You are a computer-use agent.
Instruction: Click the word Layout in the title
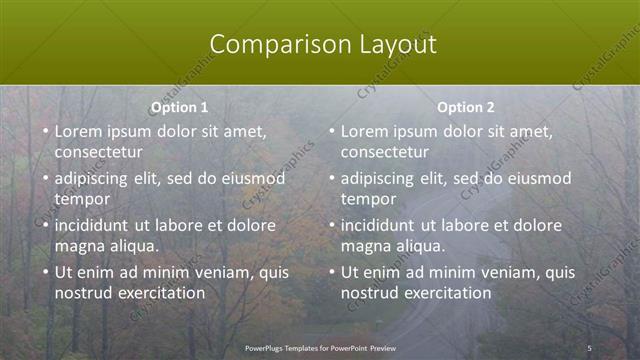click(398, 45)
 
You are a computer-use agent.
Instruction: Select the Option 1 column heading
click(180, 107)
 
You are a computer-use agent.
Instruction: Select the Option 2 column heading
click(466, 107)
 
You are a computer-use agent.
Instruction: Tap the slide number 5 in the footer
click(589, 348)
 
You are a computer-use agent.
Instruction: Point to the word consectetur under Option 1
click(98, 152)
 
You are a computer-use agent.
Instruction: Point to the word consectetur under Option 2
click(384, 152)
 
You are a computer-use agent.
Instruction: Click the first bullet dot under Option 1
click(45, 131)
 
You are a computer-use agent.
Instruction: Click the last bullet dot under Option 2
click(331, 272)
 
